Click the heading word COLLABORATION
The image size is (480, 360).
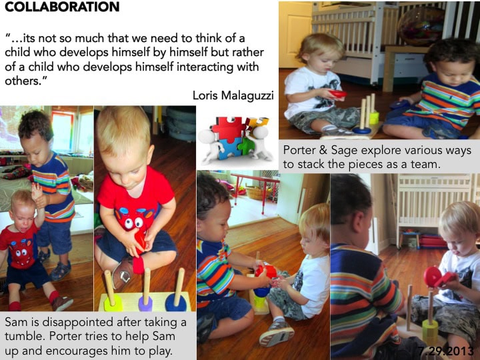62,7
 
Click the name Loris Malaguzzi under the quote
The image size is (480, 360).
233,95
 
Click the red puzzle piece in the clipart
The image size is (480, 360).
228,129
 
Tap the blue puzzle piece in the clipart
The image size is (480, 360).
229,149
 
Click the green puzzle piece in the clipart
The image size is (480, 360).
247,146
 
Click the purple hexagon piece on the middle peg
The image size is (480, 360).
145,304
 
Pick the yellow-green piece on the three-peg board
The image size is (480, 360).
113,303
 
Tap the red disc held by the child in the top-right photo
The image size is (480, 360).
337,94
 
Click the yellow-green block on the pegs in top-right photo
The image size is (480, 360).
374,118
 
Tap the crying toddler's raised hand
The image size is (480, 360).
37,191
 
